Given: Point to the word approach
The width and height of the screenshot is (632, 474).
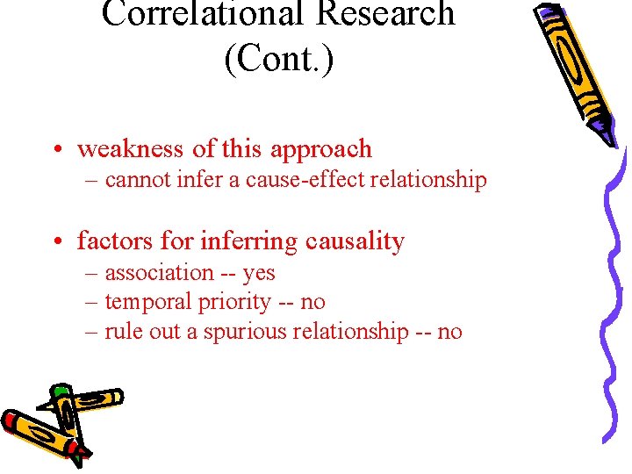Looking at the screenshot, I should click(321, 150).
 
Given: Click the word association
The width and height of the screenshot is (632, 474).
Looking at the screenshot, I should click(160, 273).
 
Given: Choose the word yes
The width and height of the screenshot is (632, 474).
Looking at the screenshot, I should click(259, 273).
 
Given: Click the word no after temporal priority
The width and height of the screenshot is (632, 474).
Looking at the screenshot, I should click(312, 303).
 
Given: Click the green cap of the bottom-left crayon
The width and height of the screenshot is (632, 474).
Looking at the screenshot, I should click(60, 390).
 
